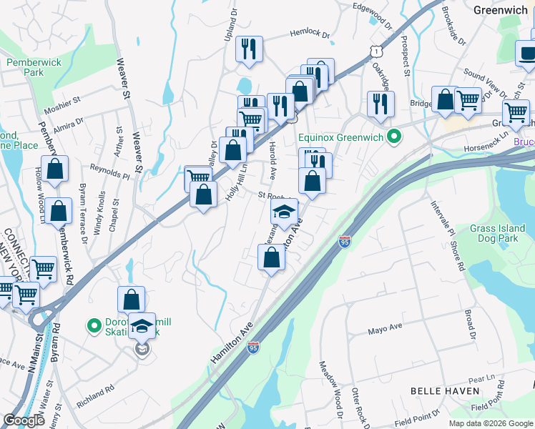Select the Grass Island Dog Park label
click(x=498, y=234)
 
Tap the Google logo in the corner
click(x=24, y=420)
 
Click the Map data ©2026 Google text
click(x=490, y=423)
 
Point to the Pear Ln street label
click(x=481, y=378)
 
